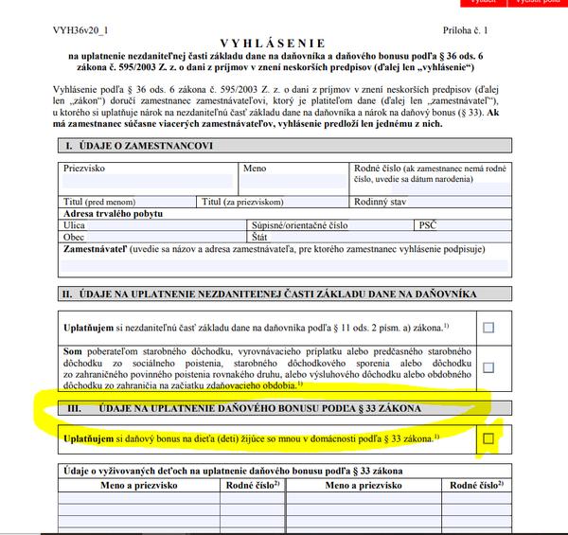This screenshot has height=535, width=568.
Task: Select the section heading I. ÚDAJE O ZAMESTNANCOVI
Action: [x=137, y=147]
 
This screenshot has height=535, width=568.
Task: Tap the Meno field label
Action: [x=254, y=168]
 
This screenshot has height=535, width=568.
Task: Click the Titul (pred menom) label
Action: [x=98, y=202]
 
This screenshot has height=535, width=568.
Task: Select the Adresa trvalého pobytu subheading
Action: [x=115, y=214]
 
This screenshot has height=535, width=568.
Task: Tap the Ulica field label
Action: [x=74, y=225]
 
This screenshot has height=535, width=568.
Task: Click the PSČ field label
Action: [x=427, y=225]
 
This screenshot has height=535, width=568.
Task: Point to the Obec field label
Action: [x=73, y=237]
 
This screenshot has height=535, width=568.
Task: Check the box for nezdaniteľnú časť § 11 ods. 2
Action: [x=488, y=328]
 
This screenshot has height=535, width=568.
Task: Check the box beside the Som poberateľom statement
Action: [x=488, y=367]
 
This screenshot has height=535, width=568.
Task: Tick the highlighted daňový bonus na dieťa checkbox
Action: [x=488, y=438]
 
